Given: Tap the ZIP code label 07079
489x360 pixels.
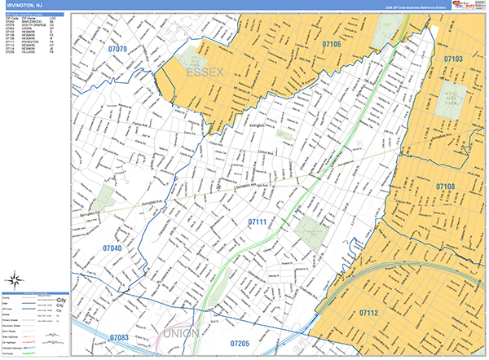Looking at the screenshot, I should [117, 50].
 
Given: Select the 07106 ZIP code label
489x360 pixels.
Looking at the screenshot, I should [331, 45].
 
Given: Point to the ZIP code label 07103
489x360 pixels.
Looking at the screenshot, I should [453, 59].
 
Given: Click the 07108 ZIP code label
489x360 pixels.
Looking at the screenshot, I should [445, 187].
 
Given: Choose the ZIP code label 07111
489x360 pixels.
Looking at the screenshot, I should [257, 221].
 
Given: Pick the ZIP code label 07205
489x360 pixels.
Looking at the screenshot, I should [241, 345].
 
